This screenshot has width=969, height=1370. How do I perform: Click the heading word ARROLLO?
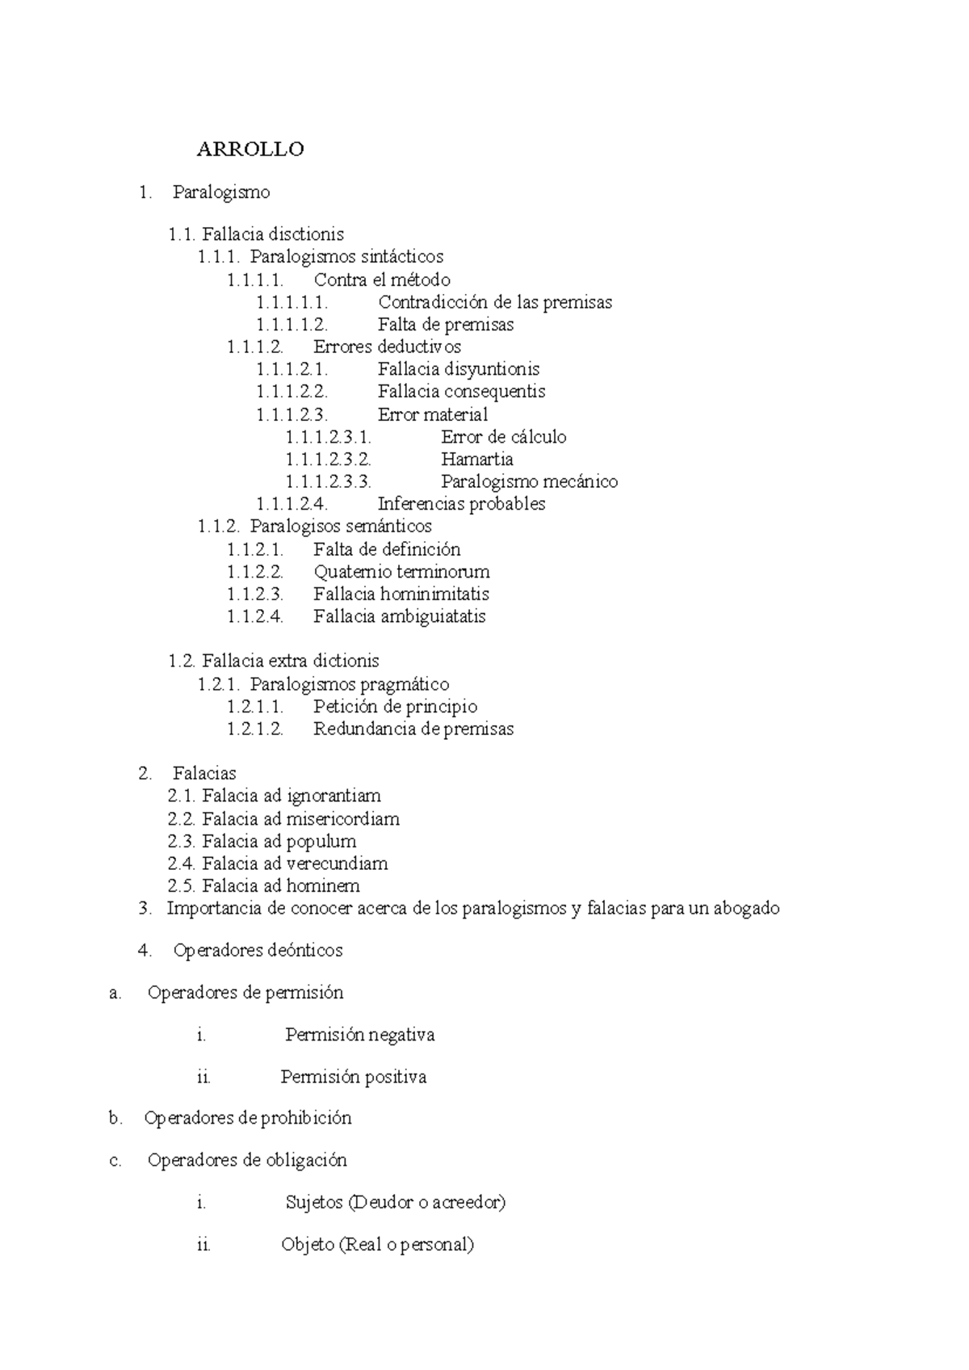click(x=250, y=149)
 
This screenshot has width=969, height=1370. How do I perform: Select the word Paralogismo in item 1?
click(x=221, y=192)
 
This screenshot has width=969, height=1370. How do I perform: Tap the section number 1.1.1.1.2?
click(x=292, y=325)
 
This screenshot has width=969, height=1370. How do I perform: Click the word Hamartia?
click(x=477, y=460)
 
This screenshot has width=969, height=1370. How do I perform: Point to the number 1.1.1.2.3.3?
click(x=328, y=482)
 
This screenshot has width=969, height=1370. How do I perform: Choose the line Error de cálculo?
click(x=504, y=437)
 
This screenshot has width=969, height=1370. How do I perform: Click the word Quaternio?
click(x=348, y=572)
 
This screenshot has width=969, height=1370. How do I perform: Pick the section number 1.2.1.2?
click(x=255, y=729)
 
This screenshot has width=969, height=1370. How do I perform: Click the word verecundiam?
click(x=338, y=864)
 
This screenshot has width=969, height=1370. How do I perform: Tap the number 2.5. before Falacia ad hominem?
click(x=182, y=886)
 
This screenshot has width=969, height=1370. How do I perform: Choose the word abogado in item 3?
click(x=746, y=909)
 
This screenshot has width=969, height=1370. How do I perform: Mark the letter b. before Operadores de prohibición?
click(x=115, y=1119)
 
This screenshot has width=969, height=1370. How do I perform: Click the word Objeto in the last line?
click(x=308, y=1245)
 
